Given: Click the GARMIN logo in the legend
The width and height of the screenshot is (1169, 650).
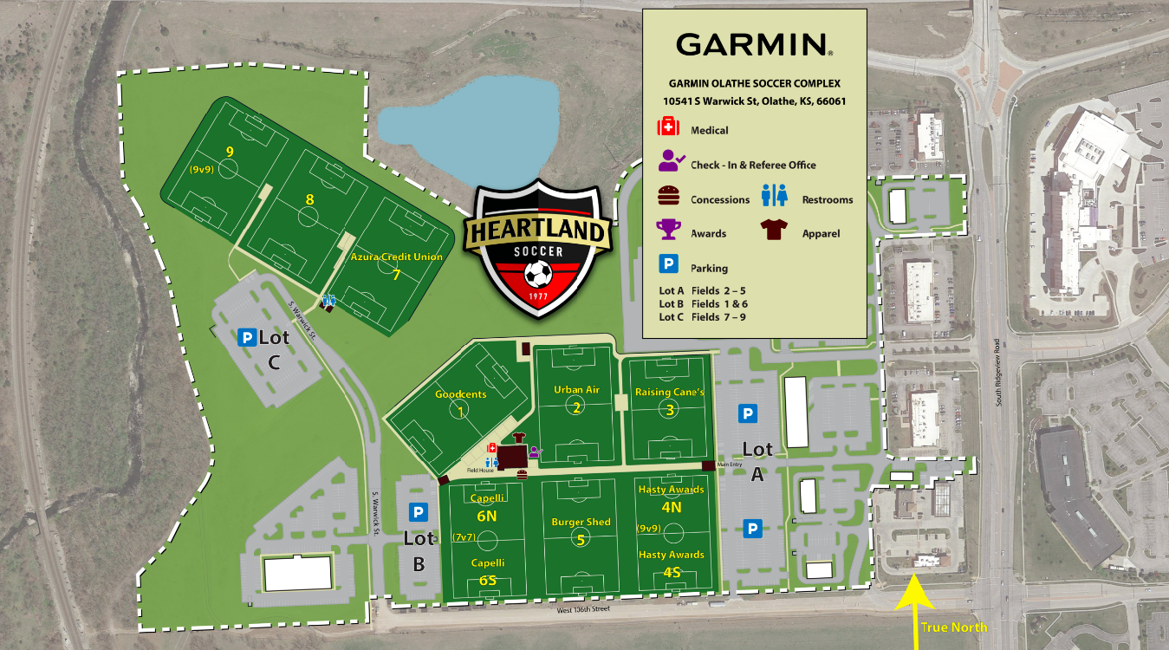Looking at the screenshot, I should tap(754, 44).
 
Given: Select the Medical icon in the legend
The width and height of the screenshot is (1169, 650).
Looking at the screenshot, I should tap(668, 128).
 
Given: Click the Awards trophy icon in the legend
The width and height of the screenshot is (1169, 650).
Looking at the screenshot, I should tap(668, 229).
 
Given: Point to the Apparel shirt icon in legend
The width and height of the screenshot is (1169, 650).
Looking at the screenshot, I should tap(773, 230).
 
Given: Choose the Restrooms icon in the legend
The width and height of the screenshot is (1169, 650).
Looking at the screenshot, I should tap(774, 196).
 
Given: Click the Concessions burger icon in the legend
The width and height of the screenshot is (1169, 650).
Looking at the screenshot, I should tap(667, 196).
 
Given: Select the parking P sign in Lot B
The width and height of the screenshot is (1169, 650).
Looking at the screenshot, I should tap(419, 512).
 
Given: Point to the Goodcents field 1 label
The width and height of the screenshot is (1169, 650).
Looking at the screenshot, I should tap(460, 394).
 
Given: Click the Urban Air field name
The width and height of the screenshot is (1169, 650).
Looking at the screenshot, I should tap(576, 390).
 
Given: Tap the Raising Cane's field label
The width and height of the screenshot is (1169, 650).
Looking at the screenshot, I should tap(670, 392).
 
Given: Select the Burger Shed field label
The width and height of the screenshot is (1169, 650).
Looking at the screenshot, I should tap(581, 523).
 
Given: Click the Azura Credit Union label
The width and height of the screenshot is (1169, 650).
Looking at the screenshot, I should tap(396, 257).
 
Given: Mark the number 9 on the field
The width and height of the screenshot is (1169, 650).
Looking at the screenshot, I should tap(230, 152).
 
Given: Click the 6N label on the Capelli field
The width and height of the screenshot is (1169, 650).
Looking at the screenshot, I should tap(486, 515).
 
